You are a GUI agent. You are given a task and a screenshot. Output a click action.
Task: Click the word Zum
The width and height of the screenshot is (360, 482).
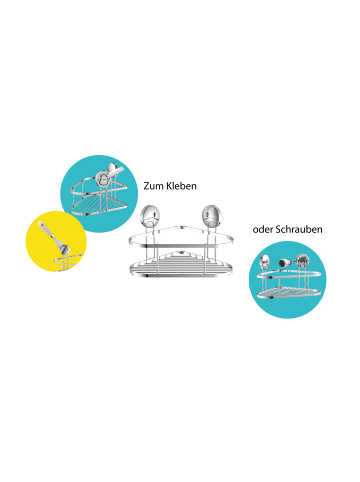[154, 187]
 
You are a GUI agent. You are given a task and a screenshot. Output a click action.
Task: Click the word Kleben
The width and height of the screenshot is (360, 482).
[183, 187]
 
